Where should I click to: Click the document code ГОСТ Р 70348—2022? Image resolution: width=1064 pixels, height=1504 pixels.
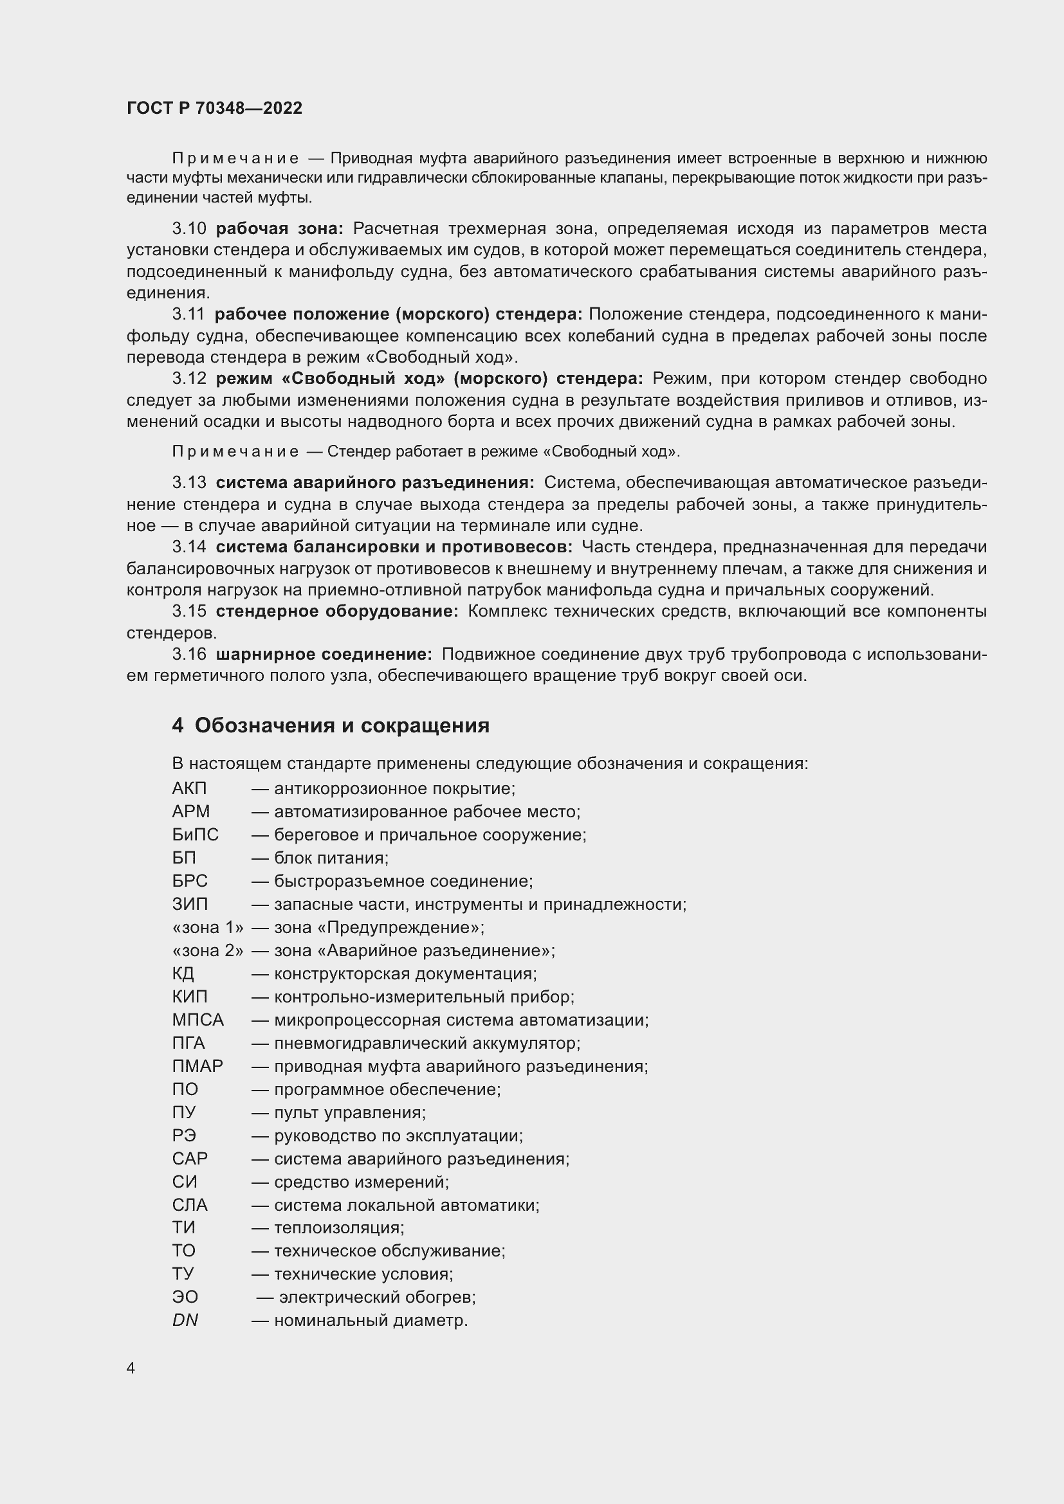point(214,108)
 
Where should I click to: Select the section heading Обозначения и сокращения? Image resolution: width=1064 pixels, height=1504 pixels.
point(342,726)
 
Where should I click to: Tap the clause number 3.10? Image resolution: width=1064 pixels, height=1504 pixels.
point(188,229)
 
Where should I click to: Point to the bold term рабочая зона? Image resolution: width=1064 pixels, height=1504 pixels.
point(279,229)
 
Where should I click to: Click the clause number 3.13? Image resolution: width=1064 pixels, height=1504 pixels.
point(188,483)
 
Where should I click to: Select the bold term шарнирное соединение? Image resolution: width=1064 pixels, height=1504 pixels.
point(324,655)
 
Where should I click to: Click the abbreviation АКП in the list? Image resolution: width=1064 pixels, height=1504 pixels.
point(189,789)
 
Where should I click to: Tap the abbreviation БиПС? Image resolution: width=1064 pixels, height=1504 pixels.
point(196,835)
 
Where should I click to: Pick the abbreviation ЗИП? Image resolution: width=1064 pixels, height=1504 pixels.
point(190,904)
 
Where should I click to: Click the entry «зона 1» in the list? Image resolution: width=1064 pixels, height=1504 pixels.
point(208,928)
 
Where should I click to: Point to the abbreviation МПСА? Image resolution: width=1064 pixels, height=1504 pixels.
point(198,1020)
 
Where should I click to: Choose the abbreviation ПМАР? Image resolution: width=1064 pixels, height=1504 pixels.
point(197,1066)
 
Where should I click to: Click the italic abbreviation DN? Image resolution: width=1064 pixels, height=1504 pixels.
point(185,1321)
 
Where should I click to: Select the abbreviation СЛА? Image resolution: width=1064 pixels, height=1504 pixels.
point(190,1205)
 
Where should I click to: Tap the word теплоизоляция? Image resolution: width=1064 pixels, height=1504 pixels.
point(338,1228)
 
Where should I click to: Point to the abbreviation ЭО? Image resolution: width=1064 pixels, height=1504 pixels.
point(185,1297)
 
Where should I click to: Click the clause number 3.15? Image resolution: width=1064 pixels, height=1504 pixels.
point(188,611)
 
